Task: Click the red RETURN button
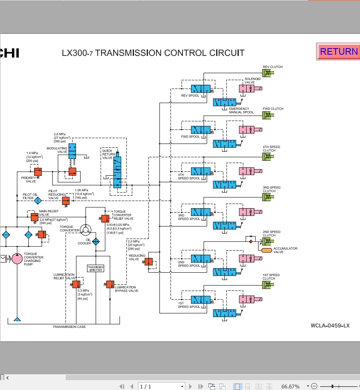click(x=338, y=51)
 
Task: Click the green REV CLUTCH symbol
click(x=268, y=73)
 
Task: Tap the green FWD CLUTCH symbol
click(x=268, y=115)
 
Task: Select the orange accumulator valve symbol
click(x=267, y=250)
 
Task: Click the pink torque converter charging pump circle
click(x=17, y=258)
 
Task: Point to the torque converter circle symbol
click(x=86, y=229)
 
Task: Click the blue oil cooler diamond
click(x=96, y=241)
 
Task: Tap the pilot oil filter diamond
click(x=38, y=201)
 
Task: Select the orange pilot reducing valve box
click(x=66, y=201)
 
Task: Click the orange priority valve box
click(x=38, y=171)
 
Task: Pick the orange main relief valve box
click(x=34, y=217)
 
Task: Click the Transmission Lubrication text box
click(x=96, y=268)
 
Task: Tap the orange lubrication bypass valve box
click(x=110, y=284)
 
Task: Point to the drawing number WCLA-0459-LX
click(x=330, y=326)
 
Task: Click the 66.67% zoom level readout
click(x=290, y=386)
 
